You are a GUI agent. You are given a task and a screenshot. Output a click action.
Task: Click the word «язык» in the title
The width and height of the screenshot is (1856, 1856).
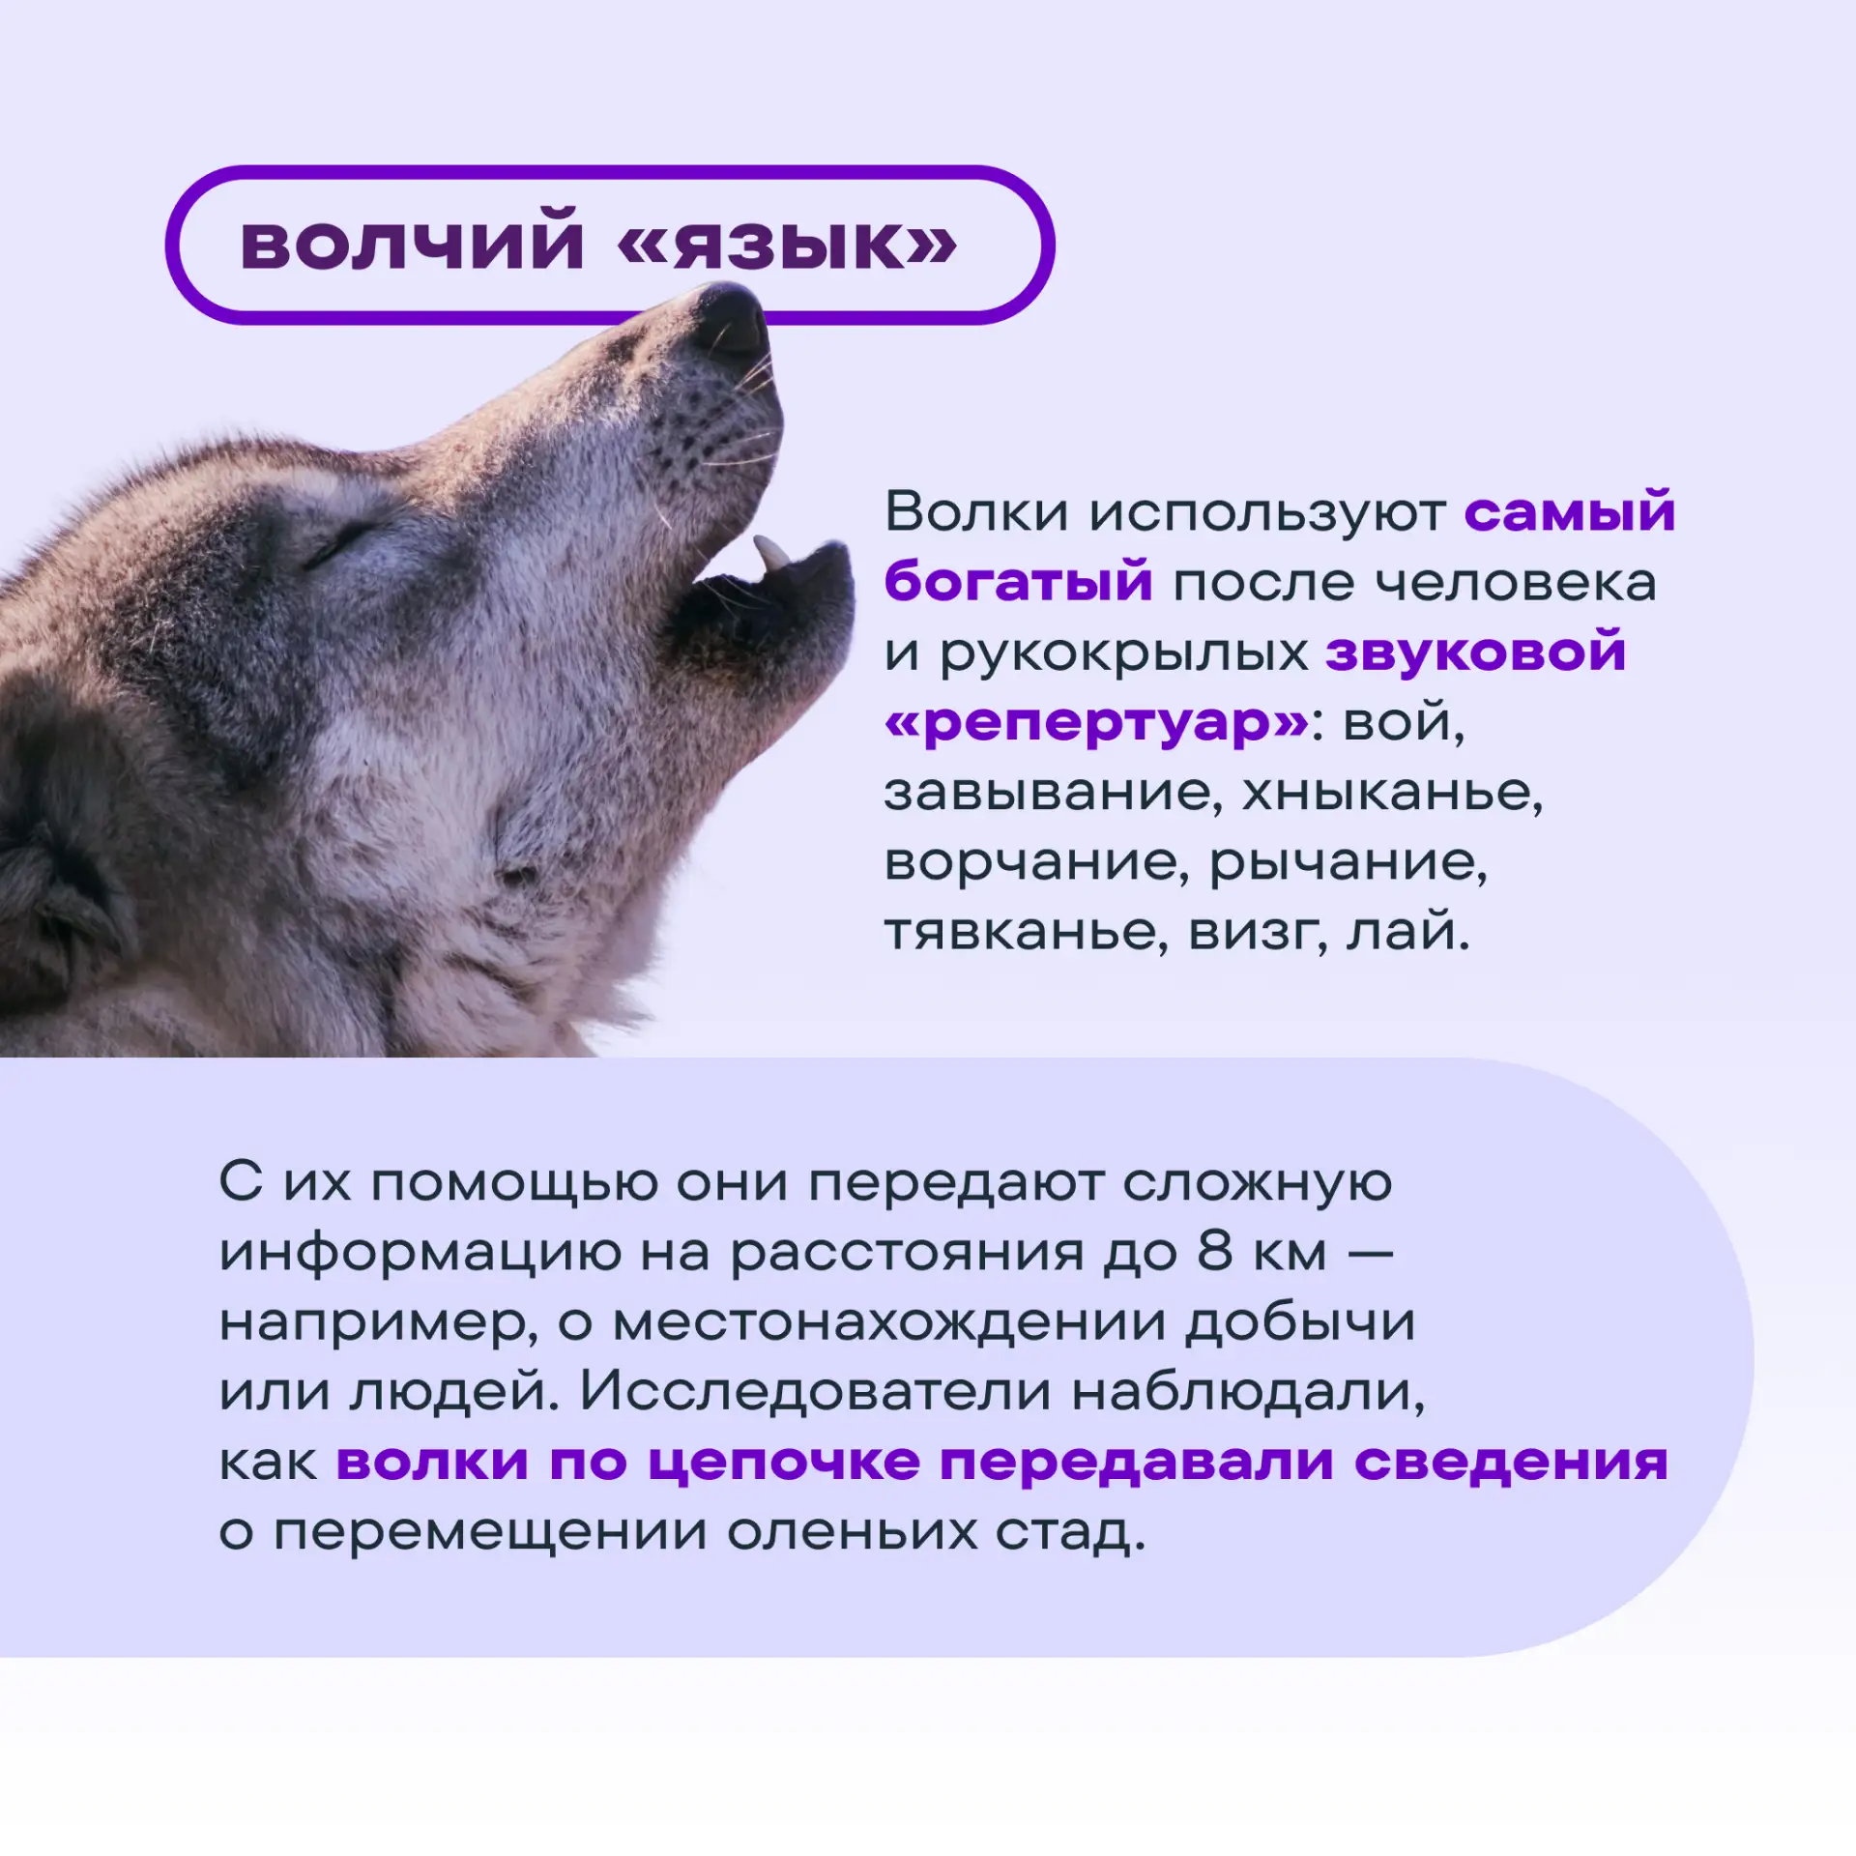787,243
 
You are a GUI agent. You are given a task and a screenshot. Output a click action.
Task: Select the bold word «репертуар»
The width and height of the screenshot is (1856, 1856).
1097,721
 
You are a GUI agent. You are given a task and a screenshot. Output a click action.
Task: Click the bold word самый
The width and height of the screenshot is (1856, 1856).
1570,511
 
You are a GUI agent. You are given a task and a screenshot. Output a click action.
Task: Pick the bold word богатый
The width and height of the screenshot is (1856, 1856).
1019,581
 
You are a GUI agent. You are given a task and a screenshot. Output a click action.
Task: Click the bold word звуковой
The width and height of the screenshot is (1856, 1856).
1476,652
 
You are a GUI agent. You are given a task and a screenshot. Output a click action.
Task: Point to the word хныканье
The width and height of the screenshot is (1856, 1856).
1392,793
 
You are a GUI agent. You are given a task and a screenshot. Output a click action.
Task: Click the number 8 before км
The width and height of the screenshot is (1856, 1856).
1216,1251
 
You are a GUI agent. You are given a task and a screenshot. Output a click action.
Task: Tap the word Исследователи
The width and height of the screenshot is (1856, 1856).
816,1391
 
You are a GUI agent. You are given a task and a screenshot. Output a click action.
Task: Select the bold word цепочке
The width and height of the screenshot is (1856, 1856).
784,1464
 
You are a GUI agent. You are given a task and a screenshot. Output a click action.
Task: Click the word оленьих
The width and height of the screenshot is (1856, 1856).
853,1531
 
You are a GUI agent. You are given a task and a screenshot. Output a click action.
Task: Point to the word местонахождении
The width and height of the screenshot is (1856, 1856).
889,1321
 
